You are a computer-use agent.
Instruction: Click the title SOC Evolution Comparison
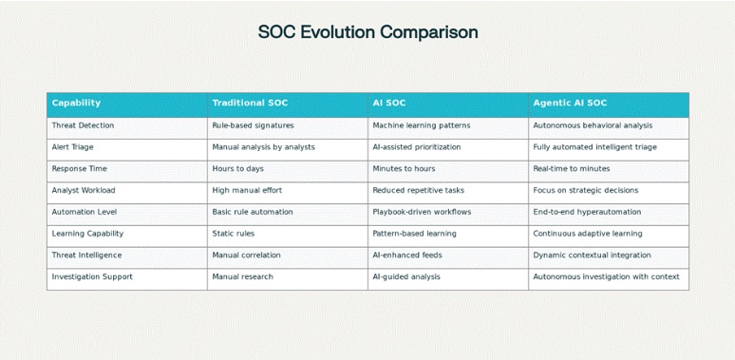[367, 32]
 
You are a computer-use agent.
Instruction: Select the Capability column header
[76, 103]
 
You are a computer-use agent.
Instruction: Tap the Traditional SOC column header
[250, 103]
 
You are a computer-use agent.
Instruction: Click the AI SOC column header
[389, 103]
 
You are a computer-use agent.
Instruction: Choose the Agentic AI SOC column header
[570, 103]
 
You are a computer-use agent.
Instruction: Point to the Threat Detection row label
[83, 125]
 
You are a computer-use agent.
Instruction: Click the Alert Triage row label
[72, 147]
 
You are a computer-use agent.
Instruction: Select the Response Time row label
[80, 168]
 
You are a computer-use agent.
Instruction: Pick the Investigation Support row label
[92, 276]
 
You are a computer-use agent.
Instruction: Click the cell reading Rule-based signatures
[253, 125]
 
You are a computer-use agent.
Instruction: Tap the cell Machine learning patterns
[421, 125]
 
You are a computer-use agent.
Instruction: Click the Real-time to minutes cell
[572, 168]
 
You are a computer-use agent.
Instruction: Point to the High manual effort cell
[247, 190]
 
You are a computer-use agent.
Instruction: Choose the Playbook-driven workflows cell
[422, 212]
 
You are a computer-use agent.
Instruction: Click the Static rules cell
[234, 234]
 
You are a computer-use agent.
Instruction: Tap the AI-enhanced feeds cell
[406, 255]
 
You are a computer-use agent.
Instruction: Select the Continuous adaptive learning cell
[587, 234]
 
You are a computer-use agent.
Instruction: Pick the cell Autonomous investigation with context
[606, 276]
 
